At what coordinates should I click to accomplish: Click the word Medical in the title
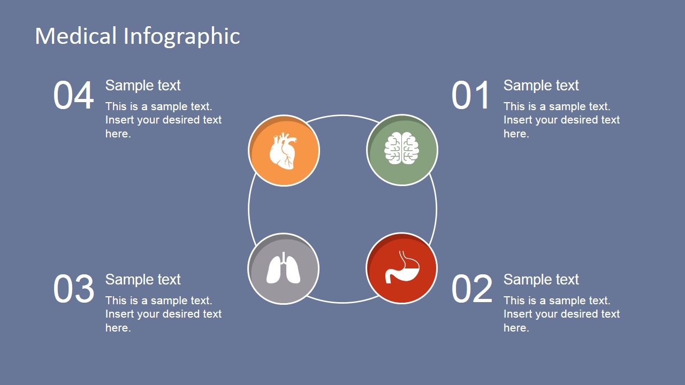pos(75,36)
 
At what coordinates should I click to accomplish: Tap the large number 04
pos(73,96)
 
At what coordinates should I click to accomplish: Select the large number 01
pos(471,96)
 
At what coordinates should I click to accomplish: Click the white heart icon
pos(283,151)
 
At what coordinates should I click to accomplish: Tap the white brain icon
pos(402,149)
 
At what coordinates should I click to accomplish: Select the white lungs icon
pos(284,267)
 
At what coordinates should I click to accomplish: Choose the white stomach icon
pos(402,268)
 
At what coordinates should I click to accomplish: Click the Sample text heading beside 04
pos(143,86)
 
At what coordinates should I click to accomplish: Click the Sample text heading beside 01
pos(541,86)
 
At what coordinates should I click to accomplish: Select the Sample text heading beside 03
pos(143,280)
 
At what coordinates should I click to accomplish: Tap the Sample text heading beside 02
pos(541,280)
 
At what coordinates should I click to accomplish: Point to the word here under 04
pos(118,134)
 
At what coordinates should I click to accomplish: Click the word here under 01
pos(516,134)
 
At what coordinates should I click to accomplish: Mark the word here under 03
pos(118,328)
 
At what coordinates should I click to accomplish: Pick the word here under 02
pos(516,328)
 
